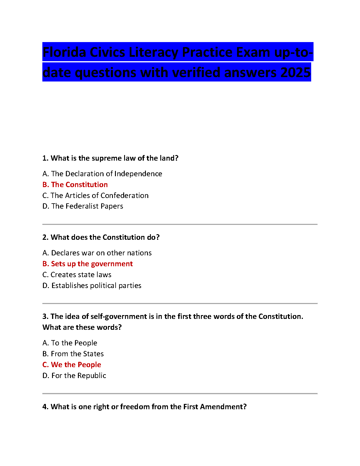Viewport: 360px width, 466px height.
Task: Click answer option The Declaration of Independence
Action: pyautogui.click(x=102, y=174)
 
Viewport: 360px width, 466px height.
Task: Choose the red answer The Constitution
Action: pyautogui.click(x=75, y=185)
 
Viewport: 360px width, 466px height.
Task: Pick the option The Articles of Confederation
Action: pyautogui.click(x=96, y=196)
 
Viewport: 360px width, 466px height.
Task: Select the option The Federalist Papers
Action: pyautogui.click(x=83, y=206)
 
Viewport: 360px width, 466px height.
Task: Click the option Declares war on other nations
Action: pyautogui.click(x=97, y=253)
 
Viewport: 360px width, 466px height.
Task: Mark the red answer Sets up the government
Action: pyautogui.click(x=88, y=264)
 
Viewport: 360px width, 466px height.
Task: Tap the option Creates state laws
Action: pyautogui.click(x=77, y=275)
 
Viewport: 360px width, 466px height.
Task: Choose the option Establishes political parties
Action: pyautogui.click(x=92, y=286)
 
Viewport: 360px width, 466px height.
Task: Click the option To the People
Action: pyautogui.click(x=70, y=343)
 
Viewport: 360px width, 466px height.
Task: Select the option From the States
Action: pyautogui.click(x=73, y=354)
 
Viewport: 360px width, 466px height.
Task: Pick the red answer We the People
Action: pyautogui.click(x=72, y=365)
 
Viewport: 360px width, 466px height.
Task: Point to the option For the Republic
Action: pyautogui.click(x=74, y=376)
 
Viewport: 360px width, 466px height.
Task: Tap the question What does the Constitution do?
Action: pyautogui.click(x=101, y=237)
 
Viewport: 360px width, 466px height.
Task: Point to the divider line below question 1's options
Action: pyautogui.click(x=180, y=224)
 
